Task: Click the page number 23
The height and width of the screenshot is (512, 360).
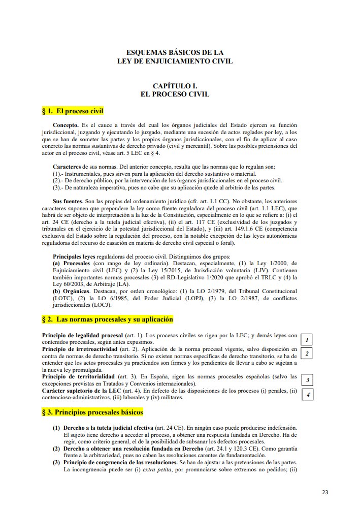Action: click(325, 492)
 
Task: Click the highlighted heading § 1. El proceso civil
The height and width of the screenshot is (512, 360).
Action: click(73, 110)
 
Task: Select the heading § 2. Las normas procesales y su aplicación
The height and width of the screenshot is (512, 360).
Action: click(107, 319)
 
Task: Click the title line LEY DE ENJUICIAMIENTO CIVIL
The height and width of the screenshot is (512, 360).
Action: click(175, 61)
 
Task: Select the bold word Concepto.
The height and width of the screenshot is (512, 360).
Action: click(66, 125)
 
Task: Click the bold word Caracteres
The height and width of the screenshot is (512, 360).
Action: click(67, 167)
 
